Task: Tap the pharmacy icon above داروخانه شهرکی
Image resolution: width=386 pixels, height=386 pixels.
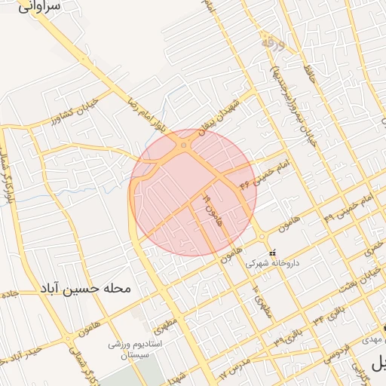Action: click(273, 252)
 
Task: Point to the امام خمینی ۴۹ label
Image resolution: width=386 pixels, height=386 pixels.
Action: click(348, 207)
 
